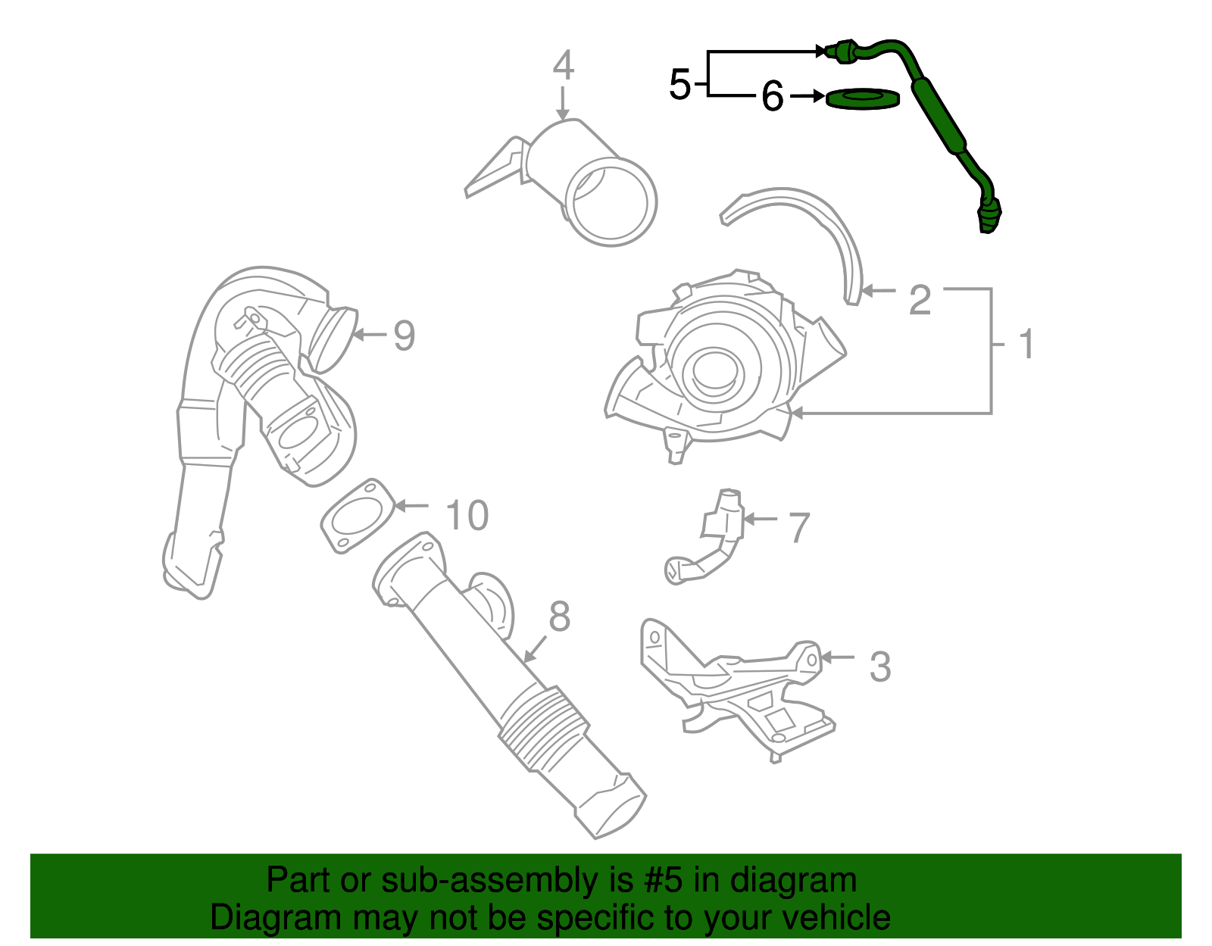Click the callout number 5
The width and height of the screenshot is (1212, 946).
679,84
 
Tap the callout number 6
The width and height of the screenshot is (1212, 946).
772,97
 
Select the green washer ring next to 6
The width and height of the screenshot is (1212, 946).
862,98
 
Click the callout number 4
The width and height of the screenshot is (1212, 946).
563,66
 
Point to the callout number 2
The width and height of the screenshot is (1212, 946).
920,300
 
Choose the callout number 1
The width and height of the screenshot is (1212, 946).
1026,345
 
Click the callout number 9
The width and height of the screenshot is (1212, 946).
404,336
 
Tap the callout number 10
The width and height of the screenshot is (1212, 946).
467,516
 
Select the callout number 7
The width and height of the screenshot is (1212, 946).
799,528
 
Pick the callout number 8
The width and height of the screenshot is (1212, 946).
559,617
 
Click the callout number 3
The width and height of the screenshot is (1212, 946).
879,667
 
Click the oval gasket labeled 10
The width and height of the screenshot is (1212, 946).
358,517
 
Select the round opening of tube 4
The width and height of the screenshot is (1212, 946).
612,201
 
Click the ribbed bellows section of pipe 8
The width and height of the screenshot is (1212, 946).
542,726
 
